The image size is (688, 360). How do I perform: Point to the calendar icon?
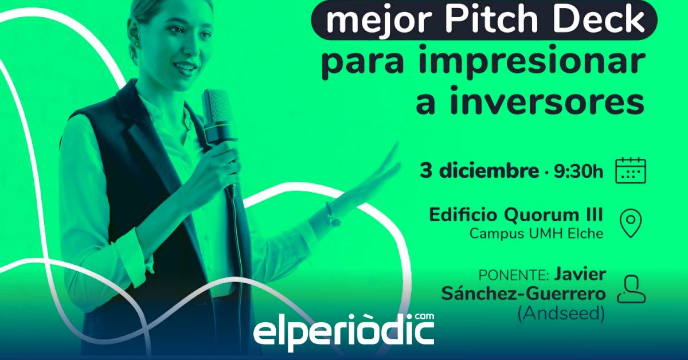(631, 170)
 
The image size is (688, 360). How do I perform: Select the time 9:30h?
(578, 171)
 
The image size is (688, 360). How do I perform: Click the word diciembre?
(488, 170)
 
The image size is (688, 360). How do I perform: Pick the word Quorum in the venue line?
(542, 216)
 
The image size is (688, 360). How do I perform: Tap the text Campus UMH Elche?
(536, 234)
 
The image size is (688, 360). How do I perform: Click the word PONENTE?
(513, 276)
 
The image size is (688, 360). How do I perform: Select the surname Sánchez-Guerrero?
(523, 293)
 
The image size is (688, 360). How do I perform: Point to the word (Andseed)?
(561, 314)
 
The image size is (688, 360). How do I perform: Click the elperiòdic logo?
(343, 332)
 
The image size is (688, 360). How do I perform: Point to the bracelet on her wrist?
(331, 215)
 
